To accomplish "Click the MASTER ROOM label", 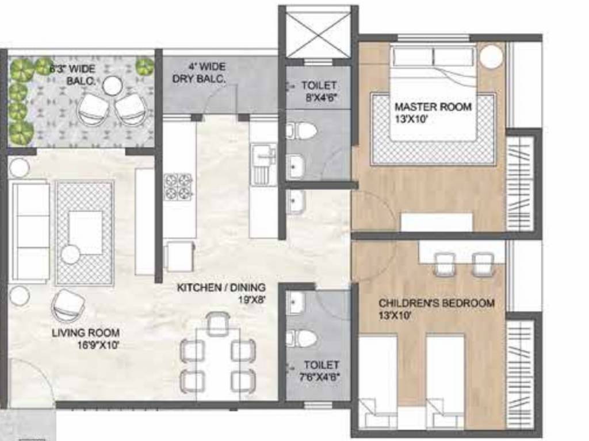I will click(x=433, y=107).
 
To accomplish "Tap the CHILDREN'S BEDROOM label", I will click(x=436, y=303).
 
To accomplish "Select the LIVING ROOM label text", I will click(x=86, y=332).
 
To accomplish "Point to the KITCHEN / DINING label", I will click(x=221, y=287).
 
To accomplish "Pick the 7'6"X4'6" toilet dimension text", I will click(x=322, y=377).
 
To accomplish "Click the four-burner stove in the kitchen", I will click(x=178, y=186).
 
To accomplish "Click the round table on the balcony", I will click(x=113, y=86).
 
